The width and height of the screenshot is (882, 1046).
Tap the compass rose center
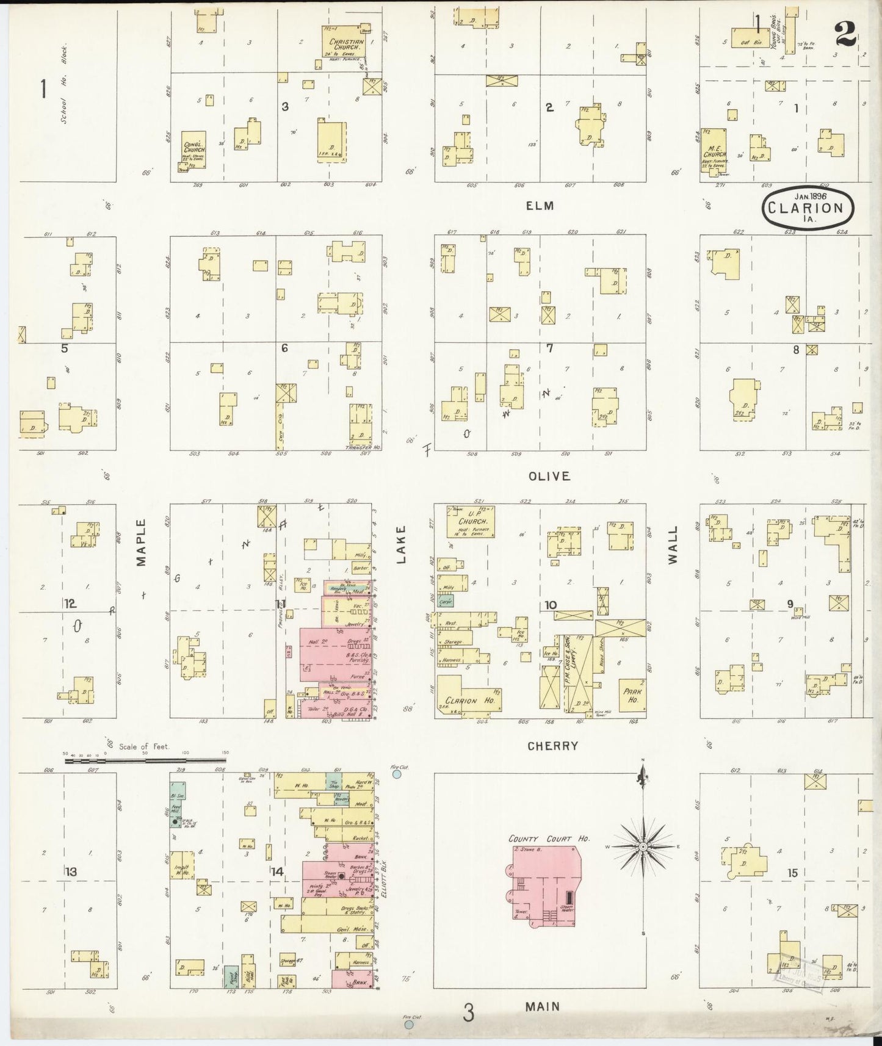(643, 847)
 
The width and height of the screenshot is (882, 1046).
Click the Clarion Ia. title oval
(807, 207)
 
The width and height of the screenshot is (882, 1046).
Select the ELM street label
(540, 206)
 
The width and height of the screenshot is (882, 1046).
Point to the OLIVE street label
(549, 476)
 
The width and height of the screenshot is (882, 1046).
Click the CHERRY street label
(552, 746)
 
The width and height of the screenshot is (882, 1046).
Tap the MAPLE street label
(142, 542)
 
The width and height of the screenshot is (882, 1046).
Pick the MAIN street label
(543, 1006)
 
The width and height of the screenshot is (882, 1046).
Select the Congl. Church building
(194, 150)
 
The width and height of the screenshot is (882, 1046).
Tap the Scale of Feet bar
(146, 760)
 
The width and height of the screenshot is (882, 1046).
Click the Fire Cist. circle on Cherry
(397, 774)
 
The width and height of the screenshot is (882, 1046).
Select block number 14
(277, 871)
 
